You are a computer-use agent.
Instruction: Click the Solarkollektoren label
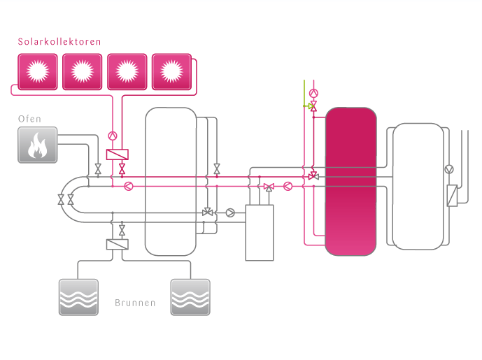(59, 42)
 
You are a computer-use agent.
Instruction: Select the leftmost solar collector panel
(38, 71)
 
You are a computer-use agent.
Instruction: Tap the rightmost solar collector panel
(171, 71)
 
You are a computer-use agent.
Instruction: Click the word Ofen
(31, 119)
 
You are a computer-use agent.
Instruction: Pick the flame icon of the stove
(37, 145)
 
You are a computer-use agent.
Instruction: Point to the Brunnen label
(135, 304)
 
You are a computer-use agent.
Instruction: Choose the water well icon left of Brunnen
(78, 297)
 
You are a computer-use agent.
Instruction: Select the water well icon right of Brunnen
(190, 297)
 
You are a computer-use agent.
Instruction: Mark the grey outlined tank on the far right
(418, 186)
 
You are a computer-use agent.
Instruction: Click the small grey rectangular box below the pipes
(260, 233)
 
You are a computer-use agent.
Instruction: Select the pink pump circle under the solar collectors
(112, 136)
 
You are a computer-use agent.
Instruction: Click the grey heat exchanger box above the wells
(116, 245)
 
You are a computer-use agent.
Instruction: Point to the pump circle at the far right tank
(449, 169)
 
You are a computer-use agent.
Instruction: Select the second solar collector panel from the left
(82, 71)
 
